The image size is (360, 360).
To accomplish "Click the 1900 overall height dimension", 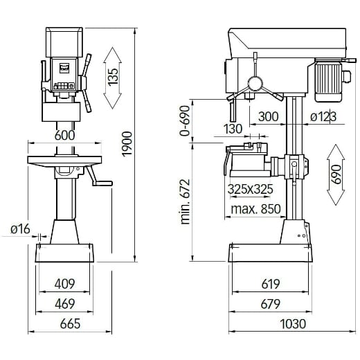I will tap(127, 144).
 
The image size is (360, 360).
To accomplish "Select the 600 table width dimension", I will tap(64, 136).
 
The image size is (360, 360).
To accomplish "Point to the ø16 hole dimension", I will tap(20, 230).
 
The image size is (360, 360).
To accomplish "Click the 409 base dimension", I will tap(64, 284).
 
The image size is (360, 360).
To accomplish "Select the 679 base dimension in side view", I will tap(271, 303).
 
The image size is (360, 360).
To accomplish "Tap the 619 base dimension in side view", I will tap(271, 284).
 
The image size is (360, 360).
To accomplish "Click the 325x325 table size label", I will tap(250, 188).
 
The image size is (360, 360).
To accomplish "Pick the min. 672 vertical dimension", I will tap(186, 201).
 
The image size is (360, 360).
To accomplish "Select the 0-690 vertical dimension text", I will tap(184, 121).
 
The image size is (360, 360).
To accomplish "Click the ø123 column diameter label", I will tap(323, 117).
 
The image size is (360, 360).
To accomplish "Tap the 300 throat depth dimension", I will tap(269, 117).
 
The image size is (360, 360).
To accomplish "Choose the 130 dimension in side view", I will tap(233, 129).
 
